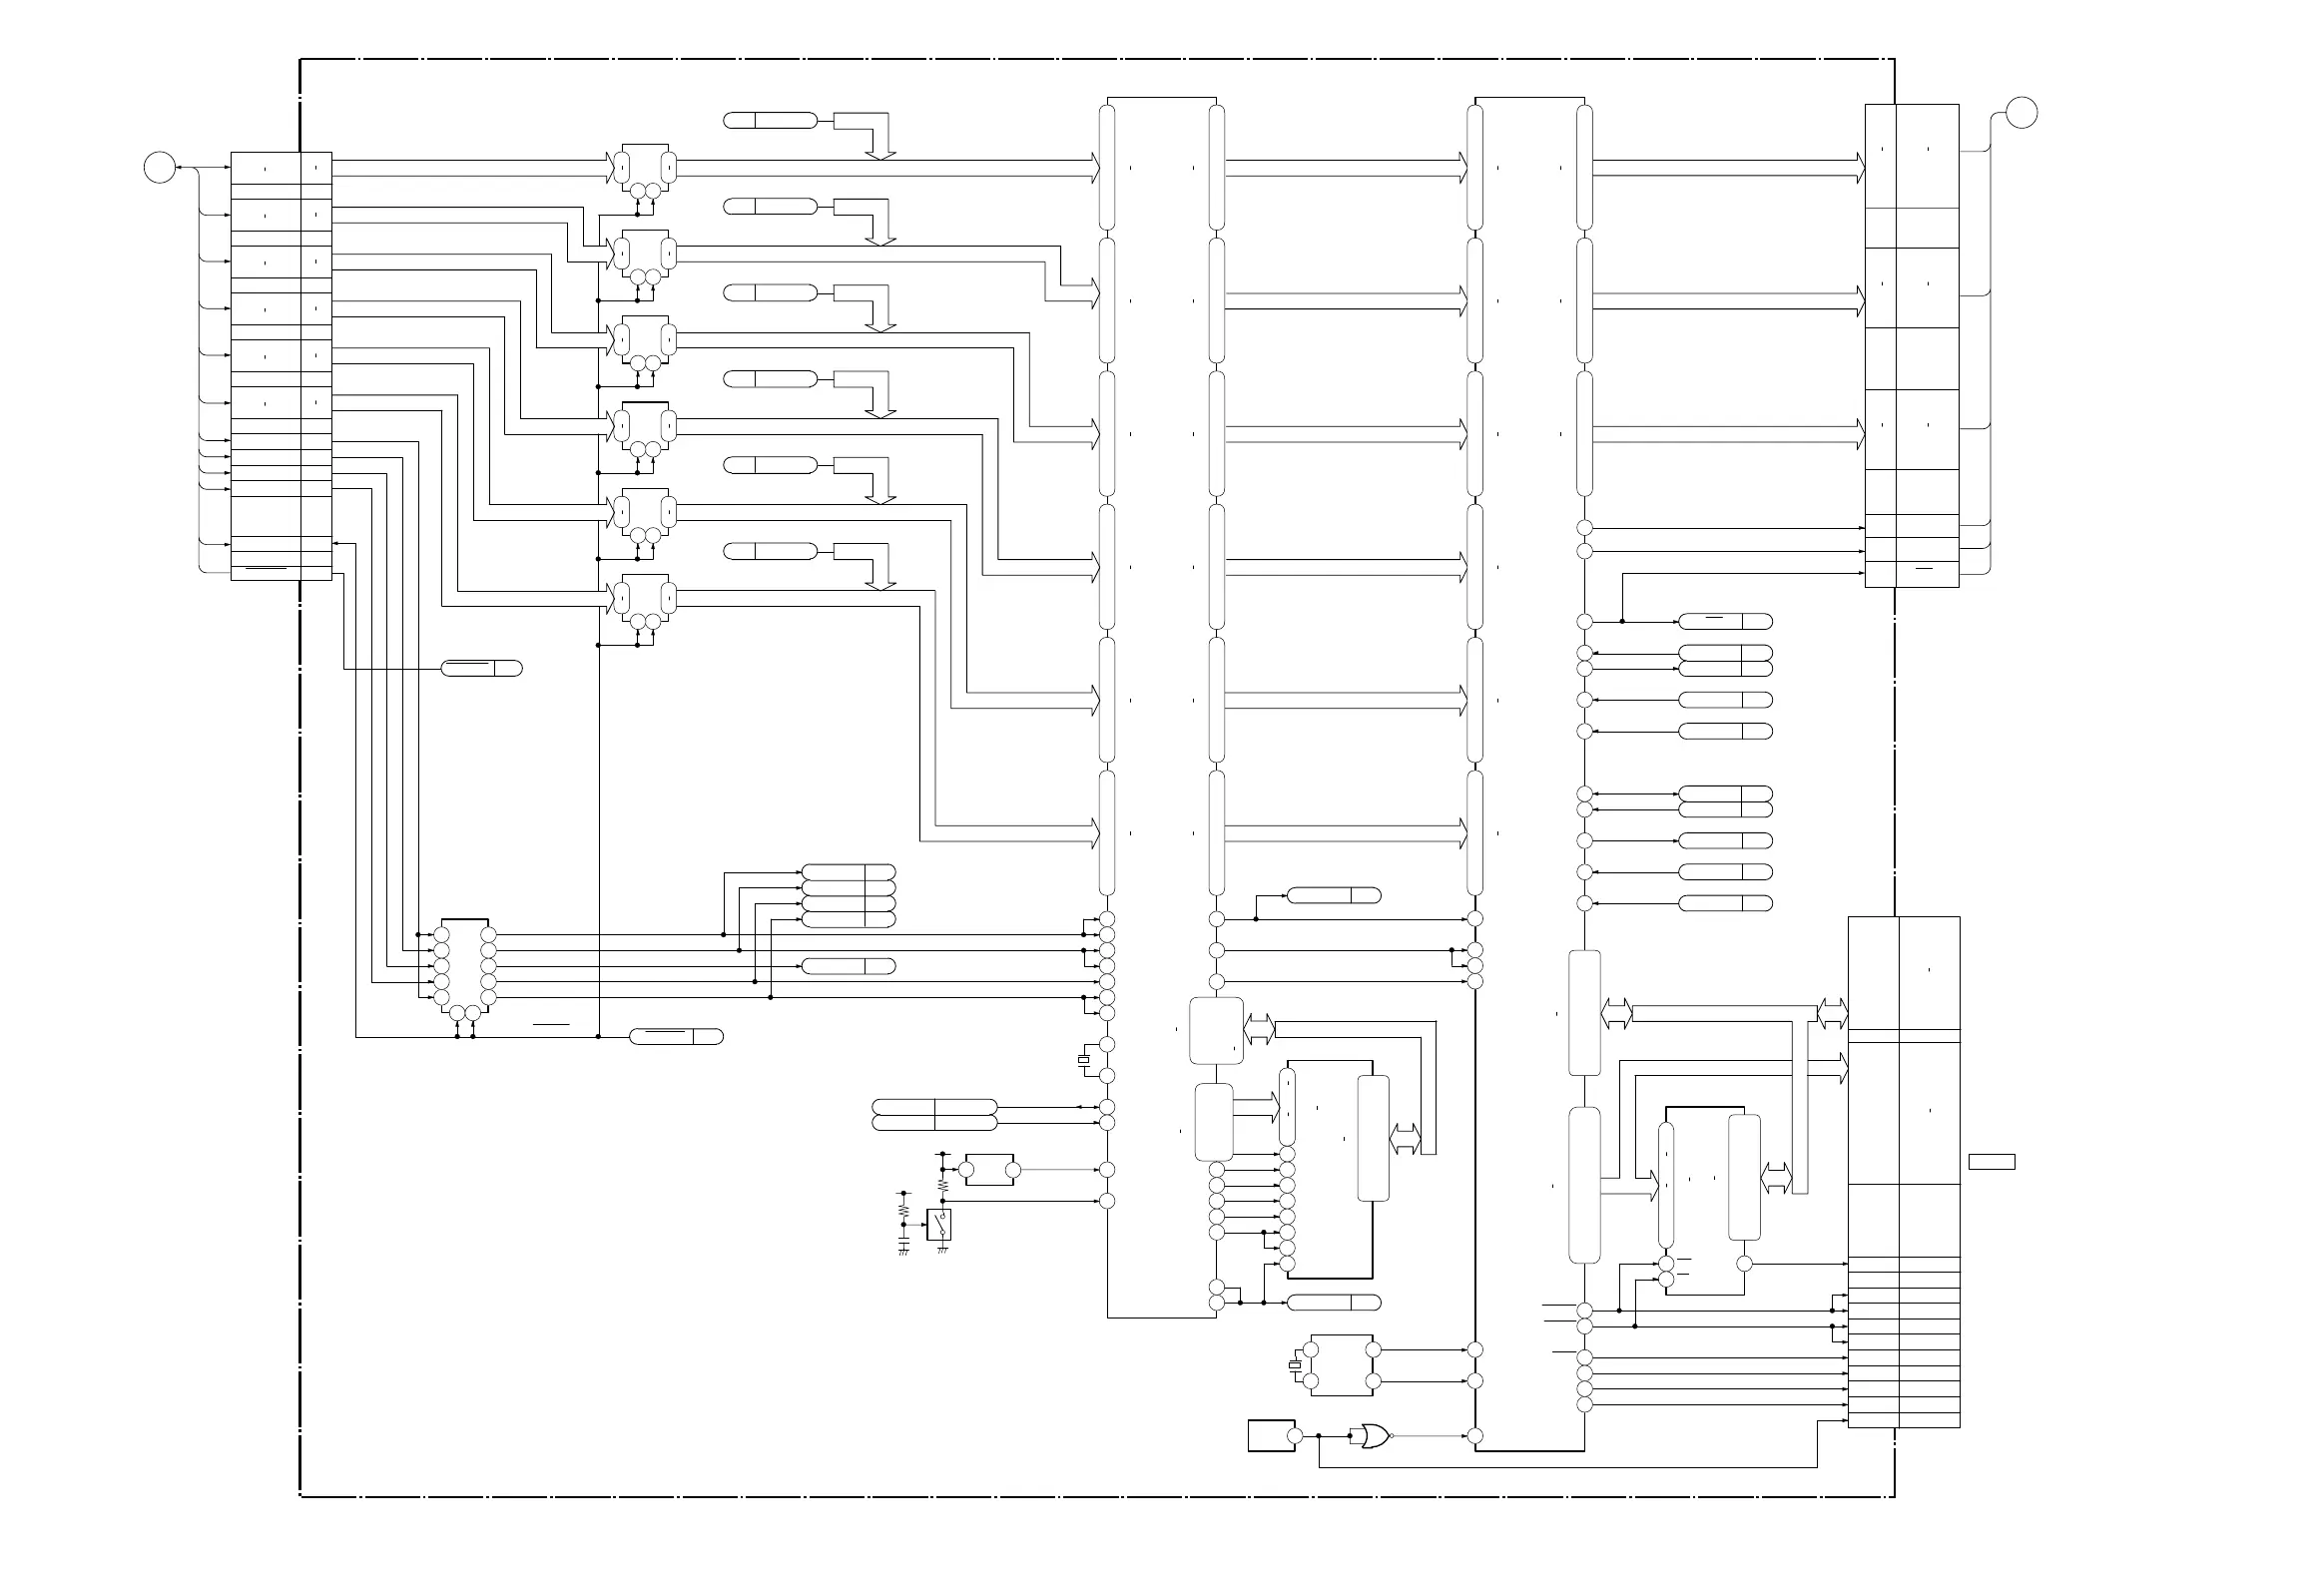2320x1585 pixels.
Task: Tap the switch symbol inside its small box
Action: point(939,1224)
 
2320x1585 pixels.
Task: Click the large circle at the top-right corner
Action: point(2023,113)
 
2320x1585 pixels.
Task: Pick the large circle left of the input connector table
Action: point(159,168)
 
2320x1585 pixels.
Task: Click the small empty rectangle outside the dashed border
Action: point(1991,1161)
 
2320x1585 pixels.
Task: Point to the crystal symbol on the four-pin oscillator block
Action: point(1295,1365)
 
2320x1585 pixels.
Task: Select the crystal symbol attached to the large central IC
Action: point(1083,1060)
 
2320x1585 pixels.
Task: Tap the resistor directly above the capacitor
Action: point(903,1210)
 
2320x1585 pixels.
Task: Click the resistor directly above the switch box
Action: point(942,1184)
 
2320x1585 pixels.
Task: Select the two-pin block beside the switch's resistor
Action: point(989,1170)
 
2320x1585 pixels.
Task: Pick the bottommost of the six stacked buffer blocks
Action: point(644,598)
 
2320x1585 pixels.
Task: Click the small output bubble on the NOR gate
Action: point(1392,1436)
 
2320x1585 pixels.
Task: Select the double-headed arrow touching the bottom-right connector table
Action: point(1832,1014)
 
